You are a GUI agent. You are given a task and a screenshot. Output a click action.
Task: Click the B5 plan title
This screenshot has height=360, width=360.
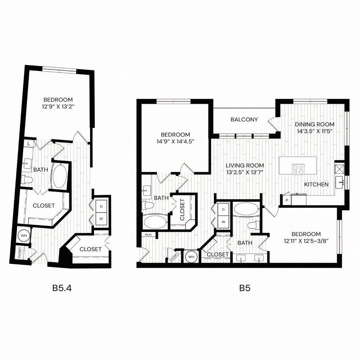245,288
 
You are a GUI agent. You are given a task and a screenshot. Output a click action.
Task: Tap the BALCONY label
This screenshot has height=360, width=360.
244,120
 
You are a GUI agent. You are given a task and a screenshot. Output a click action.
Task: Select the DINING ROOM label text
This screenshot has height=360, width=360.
314,124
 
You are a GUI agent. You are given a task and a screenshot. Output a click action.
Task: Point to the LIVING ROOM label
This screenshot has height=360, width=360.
245,165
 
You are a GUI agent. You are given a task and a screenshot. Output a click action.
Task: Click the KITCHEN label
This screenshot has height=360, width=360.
316,184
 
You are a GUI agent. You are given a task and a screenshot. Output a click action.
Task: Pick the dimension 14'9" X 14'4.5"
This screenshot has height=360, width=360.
175,141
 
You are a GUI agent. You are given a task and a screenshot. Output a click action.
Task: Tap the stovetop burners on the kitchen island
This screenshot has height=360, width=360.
298,169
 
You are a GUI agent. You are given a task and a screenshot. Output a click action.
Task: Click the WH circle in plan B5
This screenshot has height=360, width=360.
191,257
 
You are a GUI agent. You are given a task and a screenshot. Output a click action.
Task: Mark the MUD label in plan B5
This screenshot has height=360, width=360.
147,234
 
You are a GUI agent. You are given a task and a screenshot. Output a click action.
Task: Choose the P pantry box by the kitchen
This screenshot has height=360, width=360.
286,201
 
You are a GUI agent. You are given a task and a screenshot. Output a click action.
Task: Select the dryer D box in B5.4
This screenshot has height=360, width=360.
101,207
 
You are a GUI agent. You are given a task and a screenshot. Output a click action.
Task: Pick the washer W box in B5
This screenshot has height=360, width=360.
223,222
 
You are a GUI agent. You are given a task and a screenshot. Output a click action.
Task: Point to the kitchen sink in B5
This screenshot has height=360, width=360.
340,182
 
